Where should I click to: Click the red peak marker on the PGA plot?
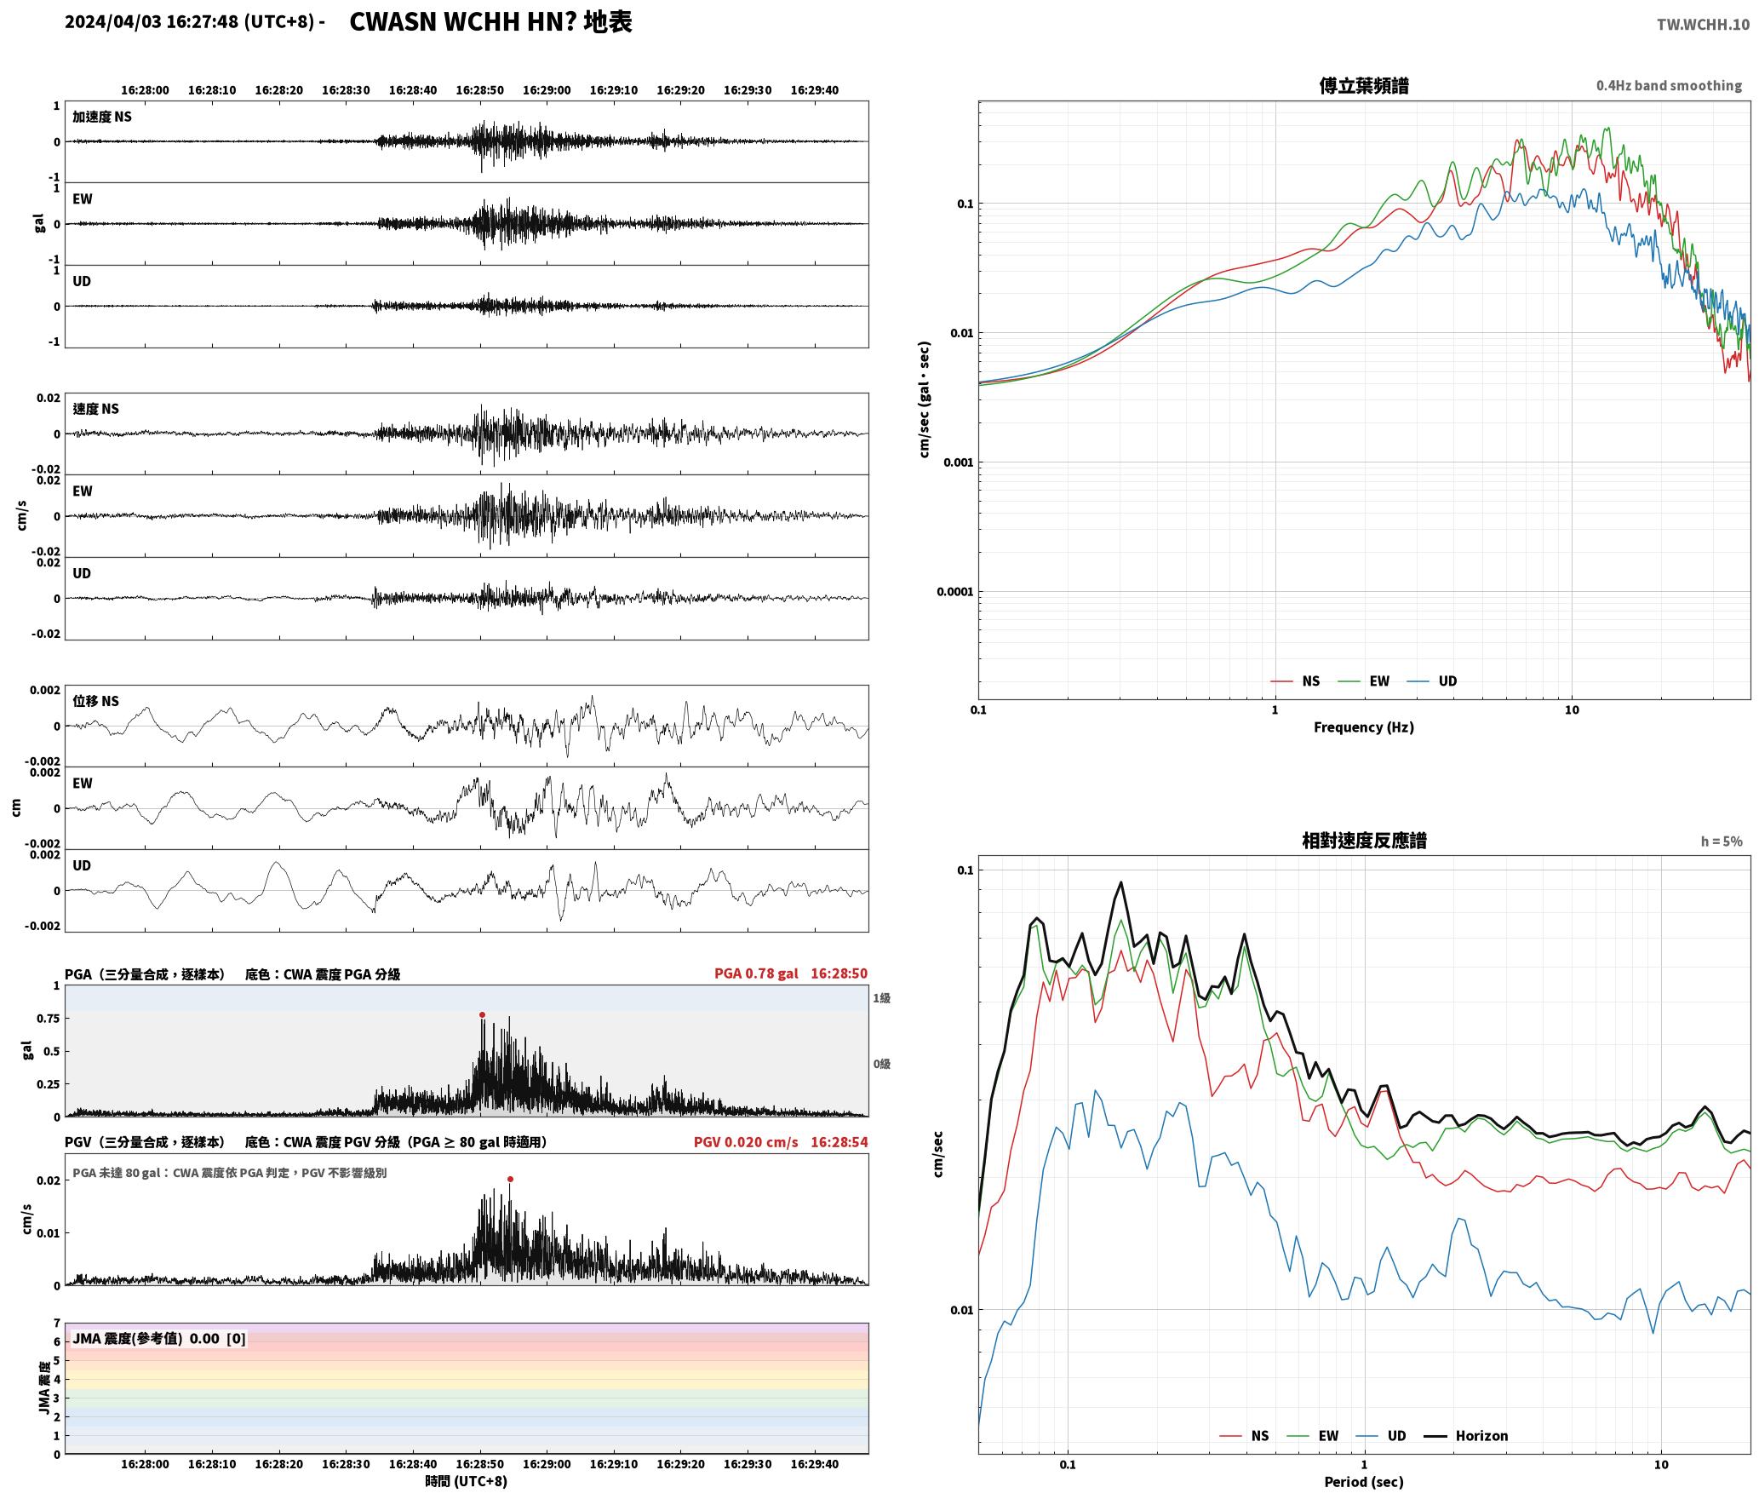click(482, 1014)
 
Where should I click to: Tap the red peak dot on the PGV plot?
click(510, 1179)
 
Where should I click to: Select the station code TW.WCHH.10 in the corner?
click(1703, 25)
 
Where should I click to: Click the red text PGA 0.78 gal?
click(756, 973)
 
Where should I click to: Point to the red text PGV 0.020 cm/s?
click(746, 1142)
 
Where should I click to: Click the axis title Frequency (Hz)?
click(1363, 727)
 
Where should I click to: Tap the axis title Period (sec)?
click(1363, 1482)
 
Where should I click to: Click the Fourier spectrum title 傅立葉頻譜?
click(1363, 85)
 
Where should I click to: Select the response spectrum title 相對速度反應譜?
click(1364, 841)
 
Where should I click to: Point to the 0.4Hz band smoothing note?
click(1669, 85)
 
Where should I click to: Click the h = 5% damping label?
click(1722, 841)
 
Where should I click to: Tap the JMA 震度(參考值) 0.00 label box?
click(159, 1338)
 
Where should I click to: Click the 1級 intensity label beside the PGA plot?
click(881, 997)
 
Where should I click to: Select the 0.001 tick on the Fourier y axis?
click(958, 462)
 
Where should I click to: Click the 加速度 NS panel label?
click(102, 117)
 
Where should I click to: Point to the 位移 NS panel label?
click(95, 701)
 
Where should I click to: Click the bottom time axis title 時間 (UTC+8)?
click(466, 1481)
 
